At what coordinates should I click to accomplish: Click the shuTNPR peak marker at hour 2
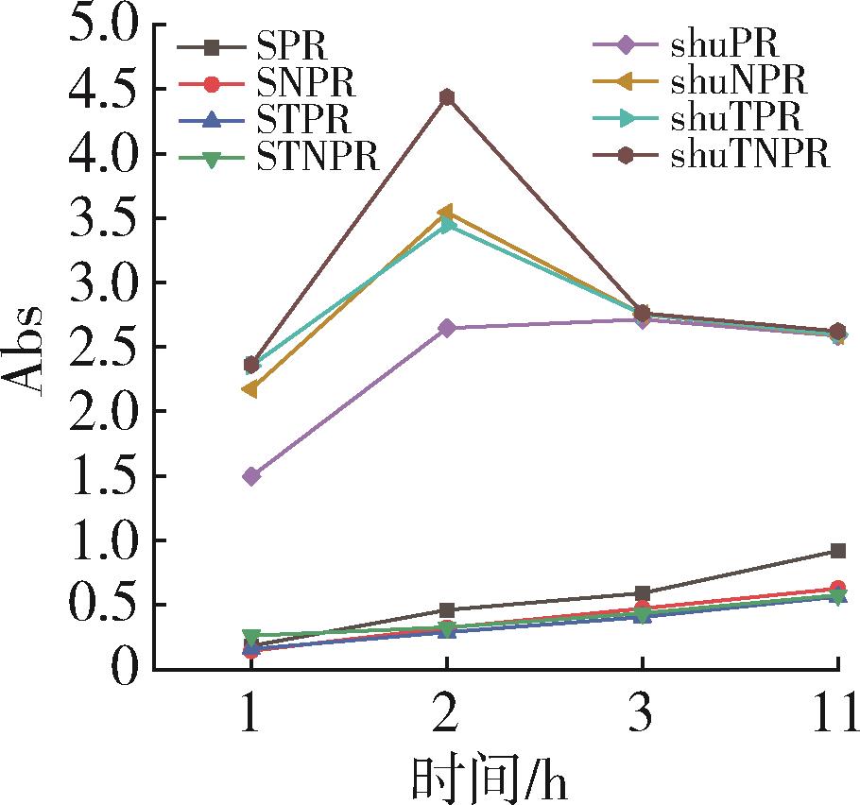pyautogui.click(x=447, y=97)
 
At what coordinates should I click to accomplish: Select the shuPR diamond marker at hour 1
pyautogui.click(x=251, y=476)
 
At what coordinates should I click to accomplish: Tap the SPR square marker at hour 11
pyautogui.click(x=837, y=551)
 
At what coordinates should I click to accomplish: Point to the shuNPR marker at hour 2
pyautogui.click(x=446, y=212)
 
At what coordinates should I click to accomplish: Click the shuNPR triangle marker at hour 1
pyautogui.click(x=250, y=389)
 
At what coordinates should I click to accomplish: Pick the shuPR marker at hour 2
pyautogui.click(x=447, y=328)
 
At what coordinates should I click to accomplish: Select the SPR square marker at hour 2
pyautogui.click(x=447, y=610)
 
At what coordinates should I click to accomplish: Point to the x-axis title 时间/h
pyautogui.click(x=491, y=779)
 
